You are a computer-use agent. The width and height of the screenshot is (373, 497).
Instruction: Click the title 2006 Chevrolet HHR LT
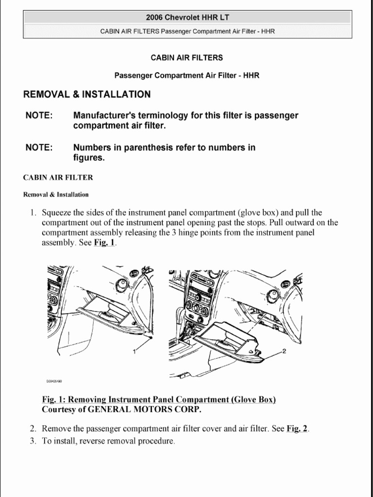pyautogui.click(x=187, y=17)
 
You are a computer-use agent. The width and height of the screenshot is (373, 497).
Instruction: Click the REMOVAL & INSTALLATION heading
pyautogui.click(x=87, y=95)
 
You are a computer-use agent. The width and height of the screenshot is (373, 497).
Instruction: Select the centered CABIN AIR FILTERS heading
pyautogui.click(x=187, y=58)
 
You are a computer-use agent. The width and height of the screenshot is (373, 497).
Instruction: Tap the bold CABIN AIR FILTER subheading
pyautogui.click(x=58, y=178)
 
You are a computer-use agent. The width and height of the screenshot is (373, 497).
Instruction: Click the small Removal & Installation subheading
pyautogui.click(x=56, y=195)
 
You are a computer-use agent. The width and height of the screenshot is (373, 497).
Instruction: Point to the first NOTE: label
pyautogui.click(x=39, y=116)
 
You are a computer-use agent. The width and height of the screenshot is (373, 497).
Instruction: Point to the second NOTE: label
pyautogui.click(x=39, y=148)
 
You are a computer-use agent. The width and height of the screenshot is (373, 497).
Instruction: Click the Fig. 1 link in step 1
pyautogui.click(x=104, y=243)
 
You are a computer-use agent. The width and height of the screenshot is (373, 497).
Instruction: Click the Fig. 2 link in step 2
pyautogui.click(x=297, y=429)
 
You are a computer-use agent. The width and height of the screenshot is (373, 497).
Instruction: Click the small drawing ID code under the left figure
pyautogui.click(x=54, y=381)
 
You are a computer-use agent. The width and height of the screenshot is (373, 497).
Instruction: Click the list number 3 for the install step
pyautogui.click(x=33, y=441)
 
